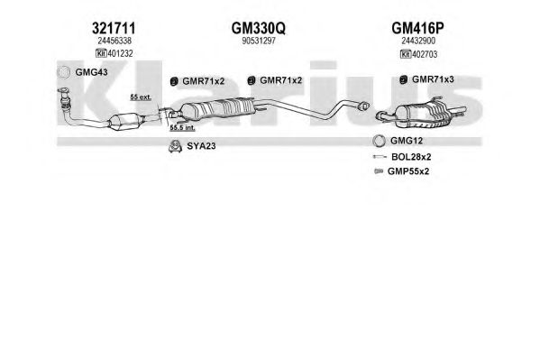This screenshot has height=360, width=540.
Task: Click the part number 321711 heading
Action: tap(114, 28)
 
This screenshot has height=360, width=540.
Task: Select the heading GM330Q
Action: tap(259, 28)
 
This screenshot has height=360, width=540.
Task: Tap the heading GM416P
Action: tap(417, 28)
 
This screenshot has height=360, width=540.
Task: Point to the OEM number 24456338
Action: tap(114, 41)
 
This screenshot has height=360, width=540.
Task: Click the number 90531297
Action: tap(259, 41)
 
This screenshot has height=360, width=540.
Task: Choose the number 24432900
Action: tap(418, 41)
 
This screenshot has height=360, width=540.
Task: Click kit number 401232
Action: tap(120, 53)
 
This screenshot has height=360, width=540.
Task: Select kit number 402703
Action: tap(425, 54)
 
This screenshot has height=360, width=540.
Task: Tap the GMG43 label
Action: tap(91, 72)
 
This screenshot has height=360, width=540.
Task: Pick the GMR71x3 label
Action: tap(433, 79)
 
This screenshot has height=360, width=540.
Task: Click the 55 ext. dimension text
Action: tap(141, 97)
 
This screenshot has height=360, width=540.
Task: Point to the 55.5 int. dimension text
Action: tap(182, 127)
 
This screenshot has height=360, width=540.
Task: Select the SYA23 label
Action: tap(201, 146)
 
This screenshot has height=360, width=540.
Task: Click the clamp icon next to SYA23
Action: tap(175, 146)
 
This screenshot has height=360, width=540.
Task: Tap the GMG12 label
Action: tap(407, 141)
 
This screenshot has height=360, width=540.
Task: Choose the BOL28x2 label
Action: tap(411, 157)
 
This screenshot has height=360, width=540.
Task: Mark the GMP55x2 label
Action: tap(408, 171)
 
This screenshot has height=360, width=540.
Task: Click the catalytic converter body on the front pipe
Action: tap(126, 121)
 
